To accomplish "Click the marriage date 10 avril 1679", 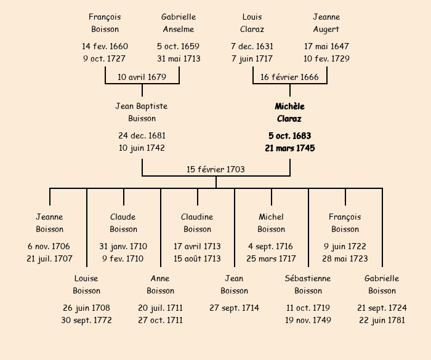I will click(142, 77).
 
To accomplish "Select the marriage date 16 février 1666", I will click(289, 77).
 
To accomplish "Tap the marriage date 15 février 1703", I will click(216, 169).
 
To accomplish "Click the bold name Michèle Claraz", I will click(289, 113).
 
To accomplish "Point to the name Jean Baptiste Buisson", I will click(142, 113).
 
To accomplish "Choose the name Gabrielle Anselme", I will click(179, 23).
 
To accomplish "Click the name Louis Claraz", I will click(252, 23).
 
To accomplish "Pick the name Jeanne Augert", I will click(326, 23).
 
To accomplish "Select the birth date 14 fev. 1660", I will click(105, 46).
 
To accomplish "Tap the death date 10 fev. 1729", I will click(326, 59).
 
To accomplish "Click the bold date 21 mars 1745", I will click(289, 148).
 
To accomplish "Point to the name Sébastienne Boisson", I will click(308, 285).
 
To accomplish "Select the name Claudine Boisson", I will click(197, 223).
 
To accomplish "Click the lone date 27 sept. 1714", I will click(234, 308).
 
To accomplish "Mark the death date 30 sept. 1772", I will click(86, 320).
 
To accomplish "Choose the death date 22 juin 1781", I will click(382, 320).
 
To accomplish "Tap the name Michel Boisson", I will click(271, 223).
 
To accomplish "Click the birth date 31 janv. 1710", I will click(123, 246).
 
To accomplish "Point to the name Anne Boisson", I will click(160, 285).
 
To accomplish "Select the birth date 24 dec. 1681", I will click(142, 135).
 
